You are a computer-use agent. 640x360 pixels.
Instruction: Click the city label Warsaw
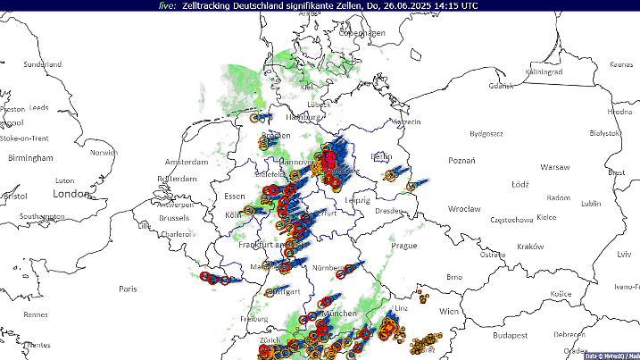click(554, 167)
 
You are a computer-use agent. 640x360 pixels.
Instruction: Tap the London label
click(71, 193)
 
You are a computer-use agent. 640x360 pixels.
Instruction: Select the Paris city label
click(129, 289)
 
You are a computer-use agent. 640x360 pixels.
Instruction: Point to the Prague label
click(403, 245)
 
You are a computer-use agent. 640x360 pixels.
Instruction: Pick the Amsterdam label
click(186, 162)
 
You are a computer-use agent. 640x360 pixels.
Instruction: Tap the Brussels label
click(174, 217)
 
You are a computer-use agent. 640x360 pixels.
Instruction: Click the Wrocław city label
click(464, 208)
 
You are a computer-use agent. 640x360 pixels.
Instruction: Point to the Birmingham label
click(30, 158)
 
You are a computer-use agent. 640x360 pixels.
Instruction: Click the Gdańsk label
click(501, 86)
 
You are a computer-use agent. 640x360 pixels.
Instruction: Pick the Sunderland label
click(42, 64)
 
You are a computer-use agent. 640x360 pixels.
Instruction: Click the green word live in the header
click(166, 5)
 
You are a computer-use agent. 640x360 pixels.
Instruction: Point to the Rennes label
click(36, 314)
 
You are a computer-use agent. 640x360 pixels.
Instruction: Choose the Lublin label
click(591, 203)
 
